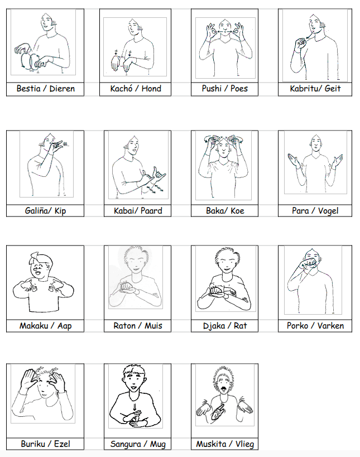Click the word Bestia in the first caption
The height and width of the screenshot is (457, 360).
coord(28,89)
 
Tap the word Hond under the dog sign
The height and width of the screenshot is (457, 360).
coord(151,89)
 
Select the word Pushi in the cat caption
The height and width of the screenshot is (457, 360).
coord(212,89)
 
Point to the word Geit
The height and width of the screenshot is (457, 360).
coord(333,89)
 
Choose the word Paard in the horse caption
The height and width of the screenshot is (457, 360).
coord(151,210)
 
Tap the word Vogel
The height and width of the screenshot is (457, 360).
coord(328,211)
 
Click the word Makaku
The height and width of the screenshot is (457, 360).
coord(34,325)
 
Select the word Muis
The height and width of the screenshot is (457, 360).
coord(153,325)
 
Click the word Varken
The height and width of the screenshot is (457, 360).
coord(330,325)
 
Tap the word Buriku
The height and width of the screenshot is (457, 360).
coord(32,444)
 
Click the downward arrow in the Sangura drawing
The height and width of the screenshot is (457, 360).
coord(135,407)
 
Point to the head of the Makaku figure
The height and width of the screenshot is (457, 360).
coord(40,266)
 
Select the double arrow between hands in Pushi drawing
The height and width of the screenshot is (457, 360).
coord(225,31)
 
